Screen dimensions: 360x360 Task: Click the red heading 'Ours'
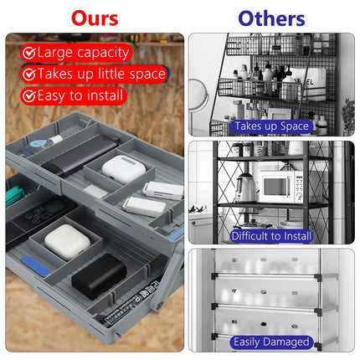point(95,18)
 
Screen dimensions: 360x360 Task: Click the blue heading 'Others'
point(271,18)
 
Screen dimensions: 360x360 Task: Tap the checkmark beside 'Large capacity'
point(28,53)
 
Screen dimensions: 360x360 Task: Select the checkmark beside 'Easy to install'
point(28,96)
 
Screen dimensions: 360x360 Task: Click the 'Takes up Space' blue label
point(271,126)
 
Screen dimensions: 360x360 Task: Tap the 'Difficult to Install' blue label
point(271,236)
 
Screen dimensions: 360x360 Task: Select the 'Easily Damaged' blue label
point(271,342)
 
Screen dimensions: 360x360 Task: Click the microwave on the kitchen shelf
point(280,186)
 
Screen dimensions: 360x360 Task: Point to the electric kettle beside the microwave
point(245,188)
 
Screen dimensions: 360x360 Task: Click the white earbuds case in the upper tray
point(124,169)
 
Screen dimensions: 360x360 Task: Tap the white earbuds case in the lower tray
point(67,242)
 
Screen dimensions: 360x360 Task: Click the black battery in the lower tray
point(99,276)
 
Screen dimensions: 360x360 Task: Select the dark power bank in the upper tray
point(80,154)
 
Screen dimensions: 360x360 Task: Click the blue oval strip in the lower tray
point(35,266)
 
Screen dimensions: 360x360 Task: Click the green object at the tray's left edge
point(14,196)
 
